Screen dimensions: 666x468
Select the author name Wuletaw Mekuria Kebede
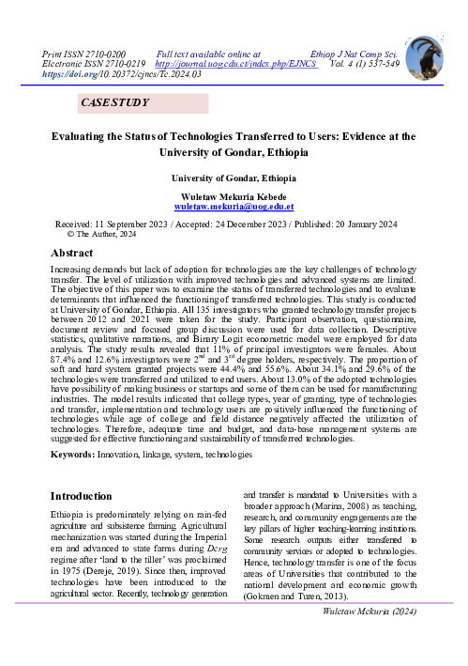[235, 194]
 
